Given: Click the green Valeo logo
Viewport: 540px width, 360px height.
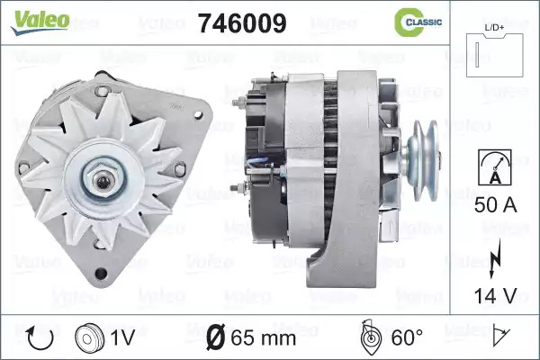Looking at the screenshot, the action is [x=40, y=22].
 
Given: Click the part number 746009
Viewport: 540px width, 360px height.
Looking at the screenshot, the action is [x=242, y=23].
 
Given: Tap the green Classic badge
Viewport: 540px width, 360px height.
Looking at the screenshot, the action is [x=418, y=22].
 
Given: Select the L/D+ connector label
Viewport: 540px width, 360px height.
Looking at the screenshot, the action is [x=494, y=28].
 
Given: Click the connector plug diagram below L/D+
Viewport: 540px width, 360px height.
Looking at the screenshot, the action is [x=494, y=55].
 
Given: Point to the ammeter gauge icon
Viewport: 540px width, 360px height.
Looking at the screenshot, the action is [x=495, y=167].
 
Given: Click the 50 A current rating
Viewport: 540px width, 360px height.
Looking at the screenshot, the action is [x=495, y=205].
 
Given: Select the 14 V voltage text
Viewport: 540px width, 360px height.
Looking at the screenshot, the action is [x=495, y=295].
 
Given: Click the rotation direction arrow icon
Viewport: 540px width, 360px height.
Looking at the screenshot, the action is [x=40, y=338].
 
